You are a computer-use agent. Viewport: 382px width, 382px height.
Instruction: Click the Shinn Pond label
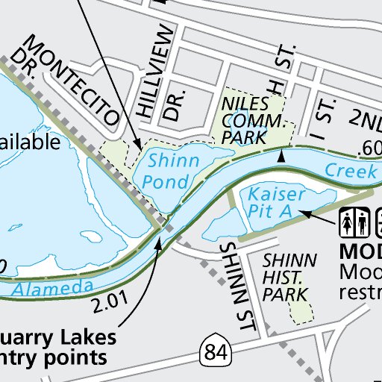[174, 169]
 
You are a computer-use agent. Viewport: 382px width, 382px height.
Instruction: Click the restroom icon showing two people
[352, 222]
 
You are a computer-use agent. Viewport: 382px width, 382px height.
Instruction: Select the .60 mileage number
[369, 148]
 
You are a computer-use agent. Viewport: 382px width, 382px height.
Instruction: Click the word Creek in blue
[351, 171]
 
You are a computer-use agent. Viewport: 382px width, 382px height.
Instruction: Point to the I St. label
[324, 112]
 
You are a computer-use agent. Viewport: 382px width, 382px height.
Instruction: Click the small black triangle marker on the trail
[281, 157]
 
